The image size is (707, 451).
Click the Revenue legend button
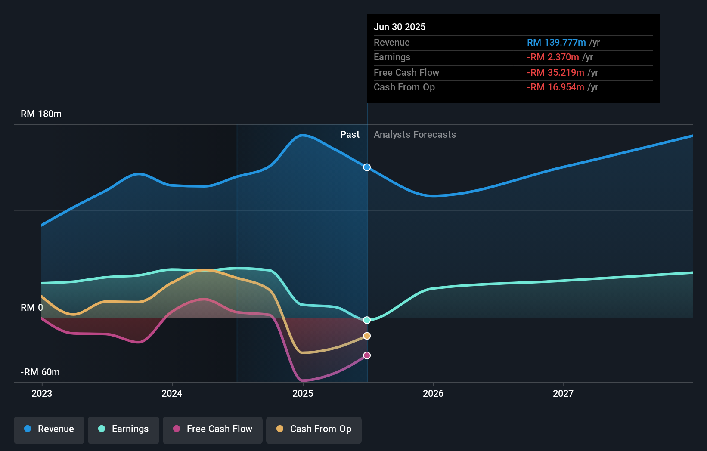(49, 429)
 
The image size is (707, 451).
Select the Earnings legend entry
(124, 429)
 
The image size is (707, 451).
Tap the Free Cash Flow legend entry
(213, 429)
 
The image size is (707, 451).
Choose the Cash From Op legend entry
(314, 429)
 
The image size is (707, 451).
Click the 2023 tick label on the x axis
(42, 393)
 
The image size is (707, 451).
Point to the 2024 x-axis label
(172, 393)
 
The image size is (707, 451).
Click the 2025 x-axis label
(303, 393)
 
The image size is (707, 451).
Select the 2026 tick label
(433, 393)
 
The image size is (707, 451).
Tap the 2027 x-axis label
(563, 393)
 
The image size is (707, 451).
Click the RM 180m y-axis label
(41, 114)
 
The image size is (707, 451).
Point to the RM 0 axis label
(32, 308)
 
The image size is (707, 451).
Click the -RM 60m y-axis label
(40, 372)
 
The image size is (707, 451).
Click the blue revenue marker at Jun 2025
(367, 167)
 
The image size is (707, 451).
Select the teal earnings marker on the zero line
(367, 320)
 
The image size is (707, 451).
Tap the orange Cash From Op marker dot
(367, 336)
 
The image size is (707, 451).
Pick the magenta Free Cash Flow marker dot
(367, 355)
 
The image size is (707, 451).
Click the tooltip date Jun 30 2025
(400, 27)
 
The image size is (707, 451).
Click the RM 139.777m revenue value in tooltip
(556, 43)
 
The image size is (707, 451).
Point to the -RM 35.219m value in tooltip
(555, 73)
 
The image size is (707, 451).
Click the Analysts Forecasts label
(415, 135)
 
